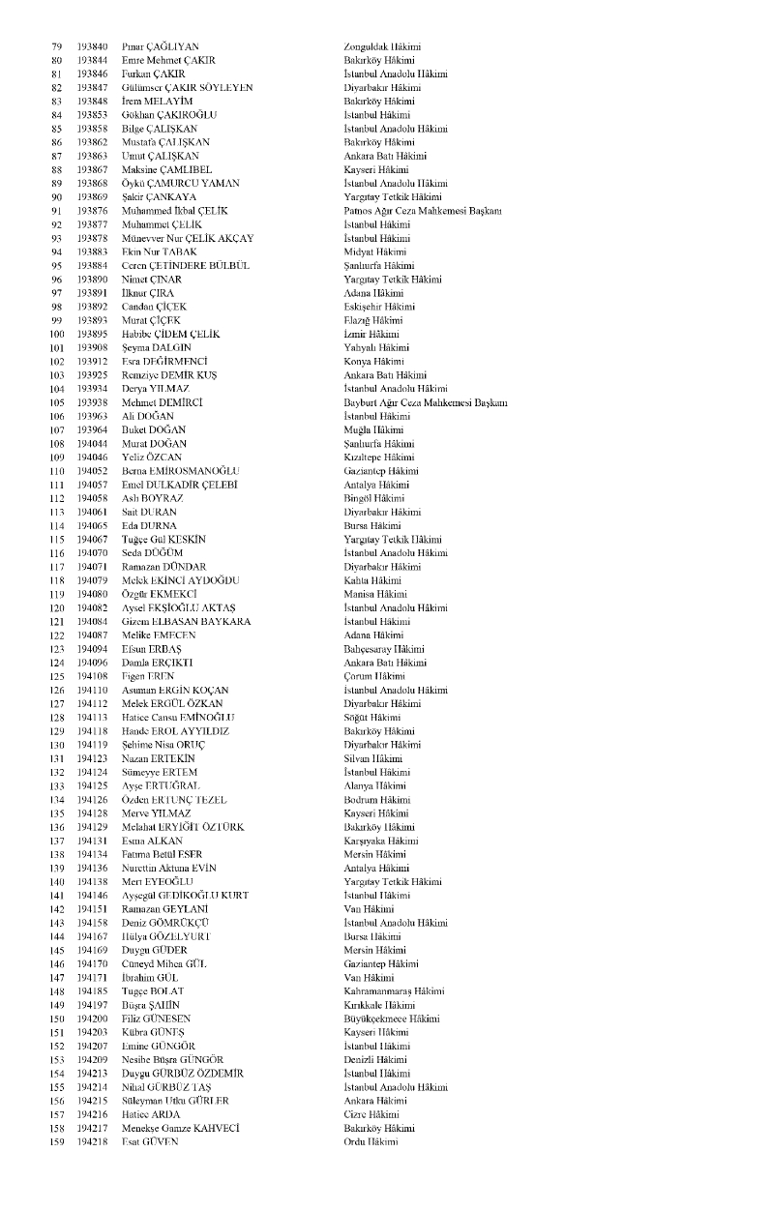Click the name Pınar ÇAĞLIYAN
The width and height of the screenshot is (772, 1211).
[x=161, y=46]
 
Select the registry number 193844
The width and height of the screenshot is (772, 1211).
[x=92, y=60]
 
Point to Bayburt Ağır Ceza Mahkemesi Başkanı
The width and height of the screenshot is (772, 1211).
[x=425, y=402]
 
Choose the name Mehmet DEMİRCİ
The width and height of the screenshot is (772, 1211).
[x=163, y=402]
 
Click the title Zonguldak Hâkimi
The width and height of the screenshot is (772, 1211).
[x=382, y=46]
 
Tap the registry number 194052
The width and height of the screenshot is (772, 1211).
[x=92, y=470]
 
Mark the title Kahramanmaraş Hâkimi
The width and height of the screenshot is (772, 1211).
[x=394, y=991]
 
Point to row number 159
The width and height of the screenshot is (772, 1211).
[x=56, y=1142]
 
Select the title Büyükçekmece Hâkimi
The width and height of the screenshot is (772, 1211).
[x=391, y=1019]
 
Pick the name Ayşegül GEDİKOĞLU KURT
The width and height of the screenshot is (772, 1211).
[x=184, y=896]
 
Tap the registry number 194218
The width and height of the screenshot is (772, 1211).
[x=92, y=1142]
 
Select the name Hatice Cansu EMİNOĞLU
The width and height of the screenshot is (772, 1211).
[x=178, y=717]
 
